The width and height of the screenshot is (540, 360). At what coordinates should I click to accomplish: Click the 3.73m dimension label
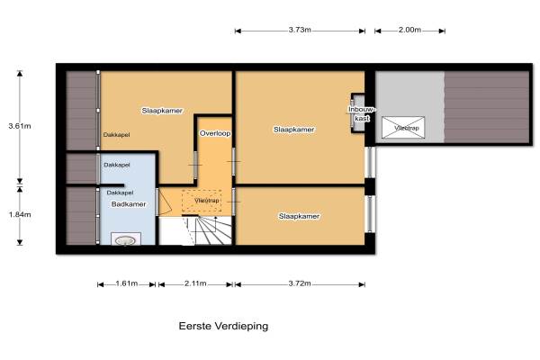300,30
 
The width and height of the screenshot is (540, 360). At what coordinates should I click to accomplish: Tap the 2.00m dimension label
409,30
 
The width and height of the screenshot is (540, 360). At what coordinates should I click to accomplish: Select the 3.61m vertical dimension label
20,126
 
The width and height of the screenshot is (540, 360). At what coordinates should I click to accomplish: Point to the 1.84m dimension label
20,214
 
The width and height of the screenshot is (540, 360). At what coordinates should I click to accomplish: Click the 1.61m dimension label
127,283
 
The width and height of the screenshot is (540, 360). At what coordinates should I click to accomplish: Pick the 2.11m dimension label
195,283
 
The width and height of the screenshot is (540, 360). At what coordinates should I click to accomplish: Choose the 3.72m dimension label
300,283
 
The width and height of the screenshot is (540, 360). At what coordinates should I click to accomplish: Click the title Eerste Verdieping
223,326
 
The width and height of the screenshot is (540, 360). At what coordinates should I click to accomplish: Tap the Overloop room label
215,133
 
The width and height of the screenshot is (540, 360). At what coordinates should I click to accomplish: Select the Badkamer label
129,204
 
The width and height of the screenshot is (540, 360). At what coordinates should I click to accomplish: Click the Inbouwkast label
362,114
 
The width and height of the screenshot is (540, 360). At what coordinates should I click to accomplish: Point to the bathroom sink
126,239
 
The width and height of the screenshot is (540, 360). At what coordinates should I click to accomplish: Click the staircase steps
211,230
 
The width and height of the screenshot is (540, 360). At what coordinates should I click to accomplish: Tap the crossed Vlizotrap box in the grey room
403,128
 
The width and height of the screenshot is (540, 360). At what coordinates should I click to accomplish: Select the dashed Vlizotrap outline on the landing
202,201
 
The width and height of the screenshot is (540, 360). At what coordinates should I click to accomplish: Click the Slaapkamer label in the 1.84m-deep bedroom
299,216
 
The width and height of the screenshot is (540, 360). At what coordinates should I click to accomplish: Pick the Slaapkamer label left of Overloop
162,111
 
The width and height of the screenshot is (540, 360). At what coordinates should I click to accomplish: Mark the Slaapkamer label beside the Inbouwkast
293,130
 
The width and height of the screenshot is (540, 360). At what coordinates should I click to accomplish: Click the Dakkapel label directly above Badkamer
120,193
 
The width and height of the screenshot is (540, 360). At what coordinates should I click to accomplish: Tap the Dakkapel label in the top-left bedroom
116,135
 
